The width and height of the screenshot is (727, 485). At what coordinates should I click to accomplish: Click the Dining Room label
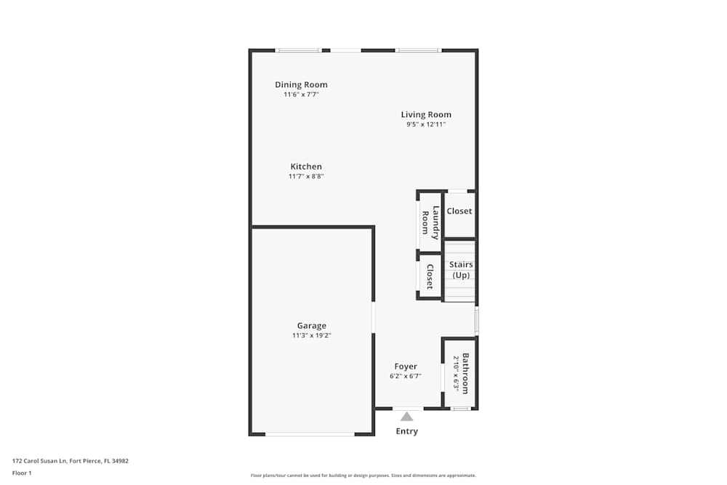pos(301,85)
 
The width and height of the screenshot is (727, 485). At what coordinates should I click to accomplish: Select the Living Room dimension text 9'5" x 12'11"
pos(426,124)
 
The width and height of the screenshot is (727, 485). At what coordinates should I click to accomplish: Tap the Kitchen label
pos(306,167)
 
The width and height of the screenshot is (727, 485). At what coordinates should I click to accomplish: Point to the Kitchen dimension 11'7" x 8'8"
pos(306,176)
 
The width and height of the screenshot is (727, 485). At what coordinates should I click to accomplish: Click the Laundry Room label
pos(431,221)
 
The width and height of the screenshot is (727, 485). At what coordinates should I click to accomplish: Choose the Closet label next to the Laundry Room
pos(459,212)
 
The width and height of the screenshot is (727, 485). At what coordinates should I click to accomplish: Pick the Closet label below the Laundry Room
pos(430,276)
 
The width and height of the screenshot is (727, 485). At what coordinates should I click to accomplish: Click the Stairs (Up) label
pos(461,270)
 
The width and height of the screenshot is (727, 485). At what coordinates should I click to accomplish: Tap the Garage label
pos(311,326)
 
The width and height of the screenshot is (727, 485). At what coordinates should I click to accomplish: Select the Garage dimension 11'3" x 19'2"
pos(311,335)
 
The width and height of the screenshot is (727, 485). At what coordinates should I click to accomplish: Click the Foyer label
pos(406,366)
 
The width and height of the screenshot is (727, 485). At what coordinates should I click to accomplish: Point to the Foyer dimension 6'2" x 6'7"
pos(406,376)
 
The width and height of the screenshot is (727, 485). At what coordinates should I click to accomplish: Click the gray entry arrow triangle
pos(407,417)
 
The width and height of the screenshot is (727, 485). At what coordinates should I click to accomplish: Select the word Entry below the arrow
pos(407,431)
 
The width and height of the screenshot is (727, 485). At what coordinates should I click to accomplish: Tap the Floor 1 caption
pos(22,473)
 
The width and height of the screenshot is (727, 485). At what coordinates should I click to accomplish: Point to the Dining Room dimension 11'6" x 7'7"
pos(301,95)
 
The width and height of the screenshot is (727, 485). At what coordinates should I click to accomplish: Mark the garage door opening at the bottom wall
pos(310,434)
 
